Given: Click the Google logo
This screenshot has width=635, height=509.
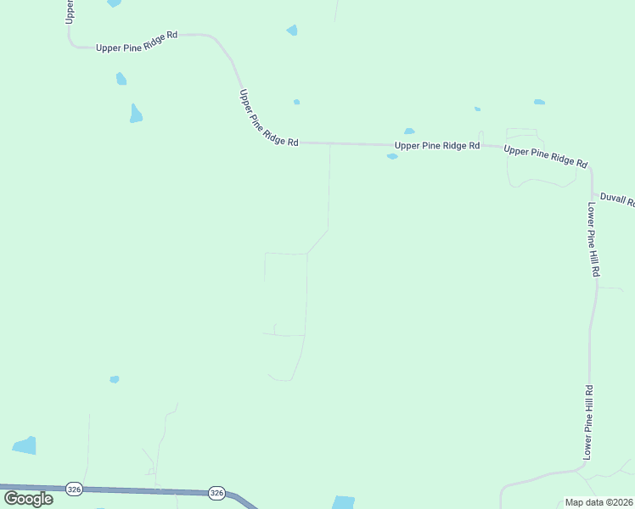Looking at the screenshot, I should pyautogui.click(x=28, y=498).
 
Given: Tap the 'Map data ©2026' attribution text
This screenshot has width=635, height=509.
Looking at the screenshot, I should pyautogui.click(x=598, y=502).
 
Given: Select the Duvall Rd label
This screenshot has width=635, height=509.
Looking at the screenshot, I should pyautogui.click(x=617, y=199).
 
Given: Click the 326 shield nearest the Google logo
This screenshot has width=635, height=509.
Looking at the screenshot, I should pyautogui.click(x=74, y=489).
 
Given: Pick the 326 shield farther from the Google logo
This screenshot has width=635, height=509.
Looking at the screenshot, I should pyautogui.click(x=216, y=493).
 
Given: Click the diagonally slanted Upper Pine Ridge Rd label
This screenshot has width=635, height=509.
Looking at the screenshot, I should pyautogui.click(x=268, y=119).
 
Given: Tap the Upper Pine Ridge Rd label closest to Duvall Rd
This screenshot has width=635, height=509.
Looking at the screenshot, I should pyautogui.click(x=546, y=156).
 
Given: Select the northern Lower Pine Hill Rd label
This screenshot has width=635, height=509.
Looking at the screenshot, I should pyautogui.click(x=593, y=239).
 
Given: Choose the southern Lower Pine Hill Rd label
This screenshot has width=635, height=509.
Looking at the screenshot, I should pyautogui.click(x=587, y=422).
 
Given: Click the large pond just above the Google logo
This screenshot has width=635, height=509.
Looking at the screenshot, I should pyautogui.click(x=25, y=445).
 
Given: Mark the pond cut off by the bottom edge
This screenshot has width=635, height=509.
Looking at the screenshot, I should pyautogui.click(x=343, y=502).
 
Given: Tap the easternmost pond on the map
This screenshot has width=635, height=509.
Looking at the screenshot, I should pyautogui.click(x=539, y=102).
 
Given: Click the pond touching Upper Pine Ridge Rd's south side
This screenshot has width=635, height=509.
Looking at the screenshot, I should pyautogui.click(x=392, y=156).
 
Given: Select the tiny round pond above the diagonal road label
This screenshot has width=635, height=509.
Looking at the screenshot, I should pyautogui.click(x=296, y=102).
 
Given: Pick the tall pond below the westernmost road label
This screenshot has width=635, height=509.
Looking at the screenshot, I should pyautogui.click(x=136, y=113).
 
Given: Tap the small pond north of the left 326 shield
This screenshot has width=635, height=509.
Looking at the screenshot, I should pyautogui.click(x=115, y=379).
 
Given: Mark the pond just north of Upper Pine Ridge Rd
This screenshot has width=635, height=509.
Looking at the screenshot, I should pyautogui.click(x=409, y=131).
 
